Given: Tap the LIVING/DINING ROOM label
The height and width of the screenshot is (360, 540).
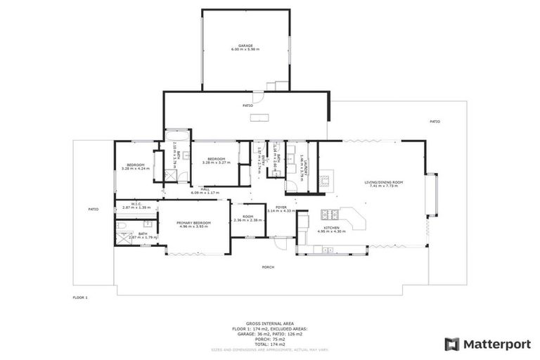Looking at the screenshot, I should pos(381,182).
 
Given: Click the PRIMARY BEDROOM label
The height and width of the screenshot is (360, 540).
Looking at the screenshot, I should pos(195,222).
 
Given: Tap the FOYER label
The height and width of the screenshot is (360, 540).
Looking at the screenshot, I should pos(281,207).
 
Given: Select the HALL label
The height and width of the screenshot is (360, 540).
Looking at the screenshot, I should pos(205,188).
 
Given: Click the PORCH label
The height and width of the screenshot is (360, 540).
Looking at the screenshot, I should pos(268,267).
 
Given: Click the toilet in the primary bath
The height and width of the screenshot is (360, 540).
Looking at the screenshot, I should pos(122,226).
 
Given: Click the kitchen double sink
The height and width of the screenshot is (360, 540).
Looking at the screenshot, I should pos(327,250).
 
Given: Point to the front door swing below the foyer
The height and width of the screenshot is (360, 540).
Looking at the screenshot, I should pos(281,243).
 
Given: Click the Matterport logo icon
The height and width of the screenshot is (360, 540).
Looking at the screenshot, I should pos(452,344).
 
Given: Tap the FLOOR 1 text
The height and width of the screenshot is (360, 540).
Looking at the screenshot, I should pos(80,297).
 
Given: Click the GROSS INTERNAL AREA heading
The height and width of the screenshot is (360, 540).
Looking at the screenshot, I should pos(269,323).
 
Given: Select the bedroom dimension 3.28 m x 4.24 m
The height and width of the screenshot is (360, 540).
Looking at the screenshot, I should pos(136,169).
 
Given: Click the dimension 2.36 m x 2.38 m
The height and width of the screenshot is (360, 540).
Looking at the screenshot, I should pos(247,220).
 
